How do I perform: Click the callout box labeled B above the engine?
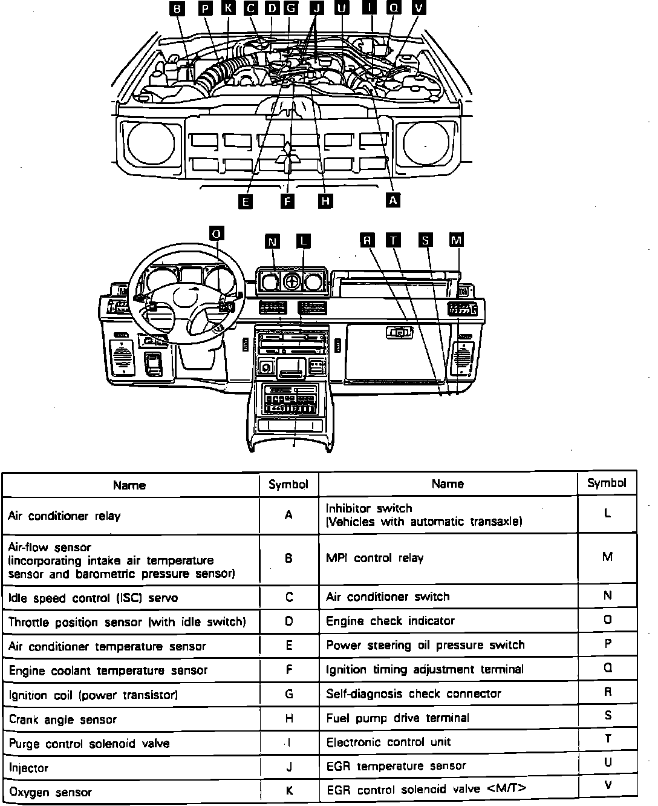[x=177, y=8]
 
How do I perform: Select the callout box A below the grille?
[x=393, y=200]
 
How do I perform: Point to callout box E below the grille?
[x=245, y=201]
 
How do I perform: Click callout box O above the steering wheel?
[x=216, y=234]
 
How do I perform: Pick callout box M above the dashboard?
[x=457, y=240]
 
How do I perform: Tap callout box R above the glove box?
[x=367, y=240]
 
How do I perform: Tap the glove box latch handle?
[x=399, y=332]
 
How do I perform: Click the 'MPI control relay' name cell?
[x=448, y=558]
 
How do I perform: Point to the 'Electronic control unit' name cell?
[x=448, y=742]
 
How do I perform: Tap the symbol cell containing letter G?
[x=289, y=694]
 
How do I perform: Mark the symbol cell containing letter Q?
[x=608, y=668]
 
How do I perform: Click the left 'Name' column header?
[x=129, y=485]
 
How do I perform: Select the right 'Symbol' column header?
[x=607, y=482]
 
